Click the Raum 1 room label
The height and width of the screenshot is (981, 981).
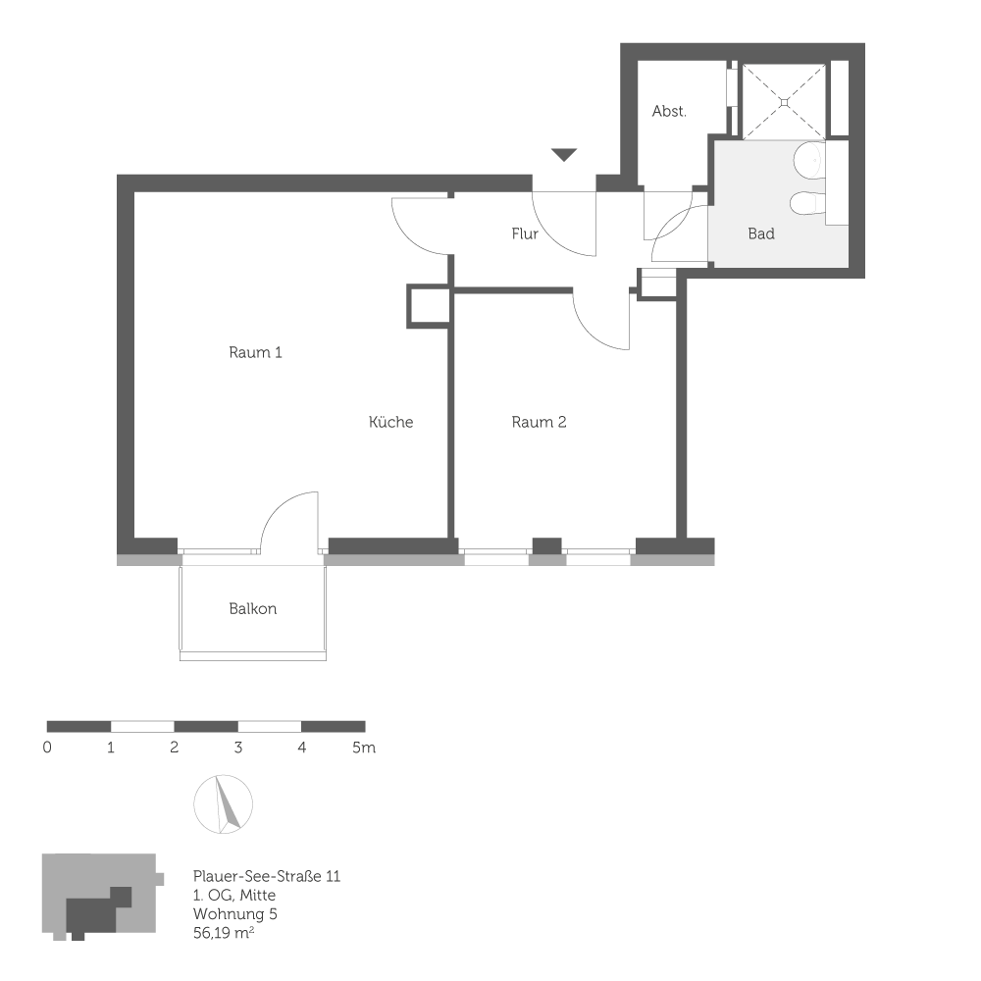coord(255,352)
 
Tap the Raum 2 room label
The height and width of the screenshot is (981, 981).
coord(539,423)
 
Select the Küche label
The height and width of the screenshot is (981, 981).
coord(390,423)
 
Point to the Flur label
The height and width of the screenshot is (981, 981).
coord(525,234)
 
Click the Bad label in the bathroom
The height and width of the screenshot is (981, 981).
coord(761,234)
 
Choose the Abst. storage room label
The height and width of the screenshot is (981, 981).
coord(669,112)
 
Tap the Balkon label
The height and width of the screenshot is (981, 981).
coord(253,609)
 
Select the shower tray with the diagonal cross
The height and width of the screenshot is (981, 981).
coord(784,100)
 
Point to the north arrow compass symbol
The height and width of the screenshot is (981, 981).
coord(224,804)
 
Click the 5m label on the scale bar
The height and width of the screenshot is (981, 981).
coord(364,749)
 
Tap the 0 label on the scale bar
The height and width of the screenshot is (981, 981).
coord(48,749)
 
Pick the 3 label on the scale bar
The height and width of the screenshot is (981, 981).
coord(238,749)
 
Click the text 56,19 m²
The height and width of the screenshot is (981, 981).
coord(225,932)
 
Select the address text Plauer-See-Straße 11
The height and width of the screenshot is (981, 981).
coord(266,877)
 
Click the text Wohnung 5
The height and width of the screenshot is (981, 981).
coord(233,913)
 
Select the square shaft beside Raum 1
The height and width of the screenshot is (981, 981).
coord(428,306)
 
